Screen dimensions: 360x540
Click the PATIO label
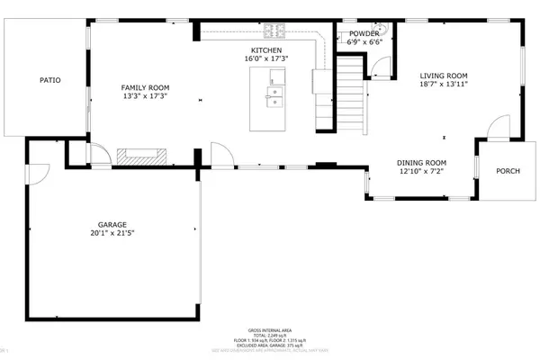pyautogui.click(x=49, y=80)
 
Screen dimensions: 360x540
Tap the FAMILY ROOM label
pyautogui.click(x=145, y=86)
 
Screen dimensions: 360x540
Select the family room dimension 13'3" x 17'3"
pyautogui.click(x=145, y=96)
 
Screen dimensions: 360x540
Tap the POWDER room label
pyautogui.click(x=364, y=33)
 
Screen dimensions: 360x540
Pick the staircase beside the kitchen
pyautogui.click(x=351, y=94)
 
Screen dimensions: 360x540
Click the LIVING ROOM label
pyautogui.click(x=444, y=76)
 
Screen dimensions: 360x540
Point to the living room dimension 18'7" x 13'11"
pyautogui.click(x=444, y=85)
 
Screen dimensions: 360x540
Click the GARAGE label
pyautogui.click(x=114, y=223)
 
